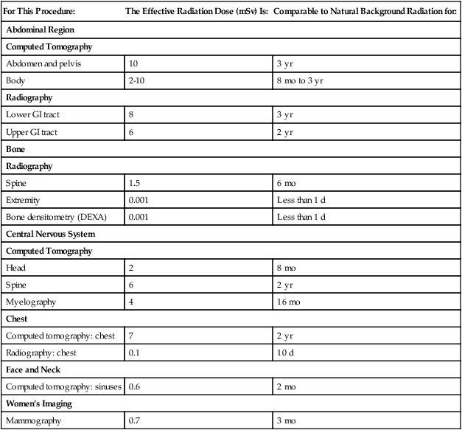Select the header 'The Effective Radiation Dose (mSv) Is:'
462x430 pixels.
coord(197,12)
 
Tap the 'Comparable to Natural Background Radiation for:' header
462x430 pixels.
coord(365,12)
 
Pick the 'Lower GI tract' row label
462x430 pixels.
coord(34,114)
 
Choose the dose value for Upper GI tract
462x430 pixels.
coord(132,131)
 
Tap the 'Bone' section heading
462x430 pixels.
coord(15,149)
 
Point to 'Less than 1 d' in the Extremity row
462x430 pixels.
coord(301,200)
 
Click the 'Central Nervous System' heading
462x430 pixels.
coord(51,234)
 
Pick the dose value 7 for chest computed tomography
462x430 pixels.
coord(132,336)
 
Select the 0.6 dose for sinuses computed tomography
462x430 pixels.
coord(136,386)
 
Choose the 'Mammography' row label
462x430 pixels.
coord(32,421)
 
